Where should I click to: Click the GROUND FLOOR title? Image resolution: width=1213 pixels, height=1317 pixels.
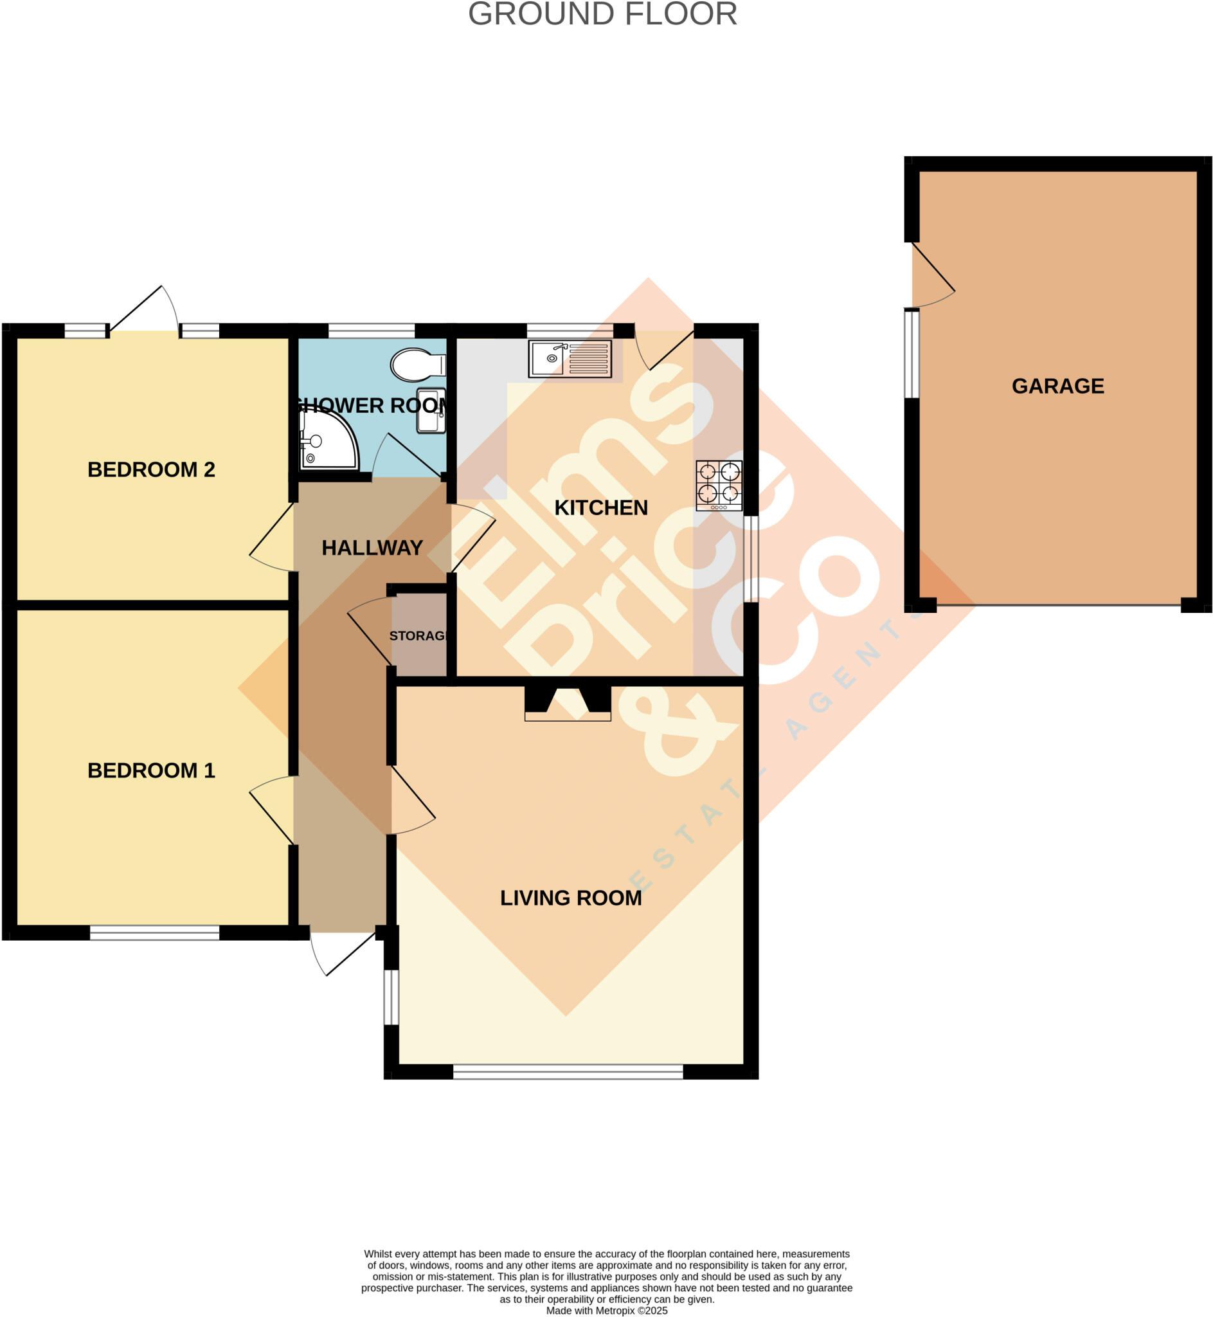pyautogui.click(x=602, y=14)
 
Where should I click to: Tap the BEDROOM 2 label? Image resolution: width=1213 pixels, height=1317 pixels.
pyautogui.click(x=151, y=469)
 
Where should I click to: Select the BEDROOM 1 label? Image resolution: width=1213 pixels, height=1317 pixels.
pyautogui.click(x=151, y=770)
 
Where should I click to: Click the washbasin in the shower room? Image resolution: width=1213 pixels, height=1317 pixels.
pyautogui.click(x=431, y=411)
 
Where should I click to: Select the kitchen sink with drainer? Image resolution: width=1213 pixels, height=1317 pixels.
pyautogui.click(x=570, y=358)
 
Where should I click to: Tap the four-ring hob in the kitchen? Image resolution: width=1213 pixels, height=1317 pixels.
pyautogui.click(x=719, y=485)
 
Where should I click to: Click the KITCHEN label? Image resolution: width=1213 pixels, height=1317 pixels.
pyautogui.click(x=600, y=507)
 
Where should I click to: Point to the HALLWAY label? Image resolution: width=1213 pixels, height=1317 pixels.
pyautogui.click(x=372, y=547)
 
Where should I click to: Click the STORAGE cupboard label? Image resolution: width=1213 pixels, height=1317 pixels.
pyautogui.click(x=418, y=635)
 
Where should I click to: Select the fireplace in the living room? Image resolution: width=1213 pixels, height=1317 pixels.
pyautogui.click(x=568, y=703)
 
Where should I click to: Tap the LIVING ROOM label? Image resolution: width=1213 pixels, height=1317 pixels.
pyautogui.click(x=571, y=898)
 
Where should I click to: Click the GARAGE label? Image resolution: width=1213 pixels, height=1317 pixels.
pyautogui.click(x=1057, y=386)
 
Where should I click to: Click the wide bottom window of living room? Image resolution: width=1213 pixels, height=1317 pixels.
pyautogui.click(x=568, y=1071)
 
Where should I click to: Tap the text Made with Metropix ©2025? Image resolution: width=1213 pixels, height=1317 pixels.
pyautogui.click(x=607, y=1311)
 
